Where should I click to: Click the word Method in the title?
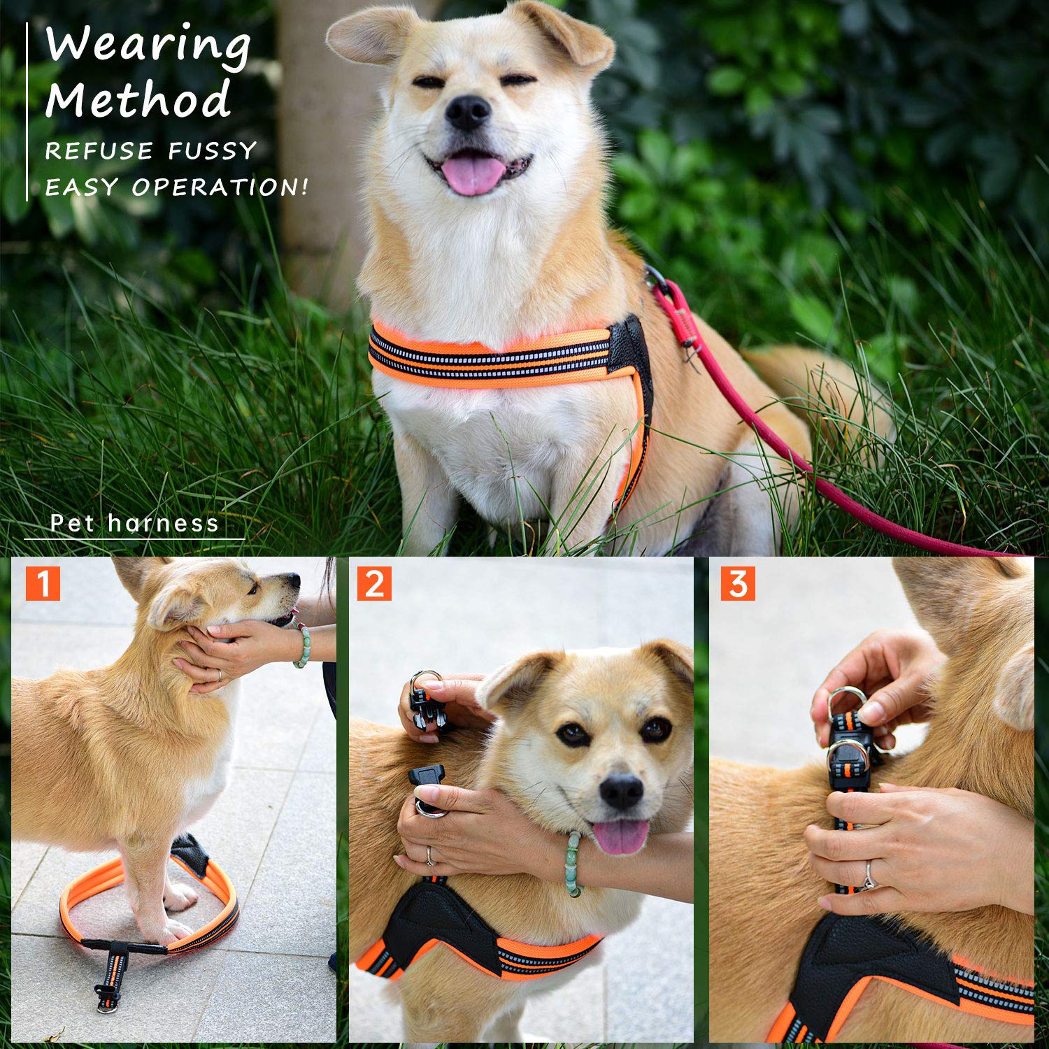pos(138,100)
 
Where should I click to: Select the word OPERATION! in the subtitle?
pos(220,187)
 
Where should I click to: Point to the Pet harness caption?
pos(134,523)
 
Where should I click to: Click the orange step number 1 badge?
pos(43,583)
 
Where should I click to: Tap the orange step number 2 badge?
pos(374,583)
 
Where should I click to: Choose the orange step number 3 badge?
pos(738,583)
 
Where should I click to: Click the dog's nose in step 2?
pos(620,791)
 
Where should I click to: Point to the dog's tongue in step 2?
pos(620,836)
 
